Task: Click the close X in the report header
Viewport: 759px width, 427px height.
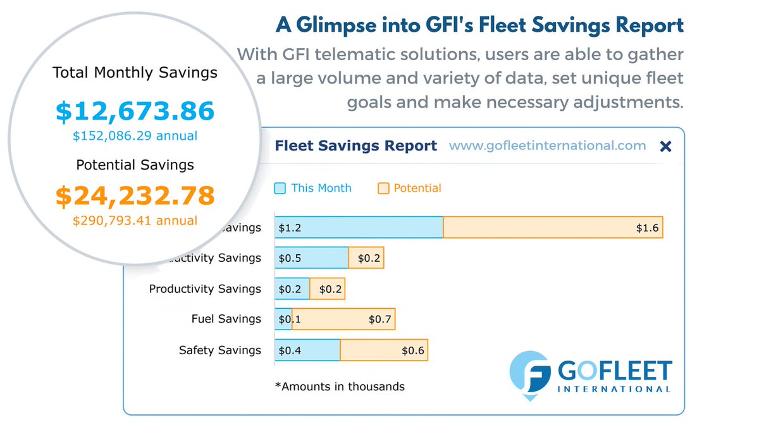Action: click(x=665, y=147)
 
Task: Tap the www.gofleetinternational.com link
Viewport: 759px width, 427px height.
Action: click(x=547, y=146)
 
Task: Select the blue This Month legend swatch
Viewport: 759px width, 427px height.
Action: click(x=280, y=188)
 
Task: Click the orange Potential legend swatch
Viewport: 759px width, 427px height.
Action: click(x=383, y=188)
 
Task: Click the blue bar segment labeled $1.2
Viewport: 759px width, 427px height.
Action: click(x=359, y=228)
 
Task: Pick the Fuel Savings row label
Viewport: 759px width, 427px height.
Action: click(x=226, y=319)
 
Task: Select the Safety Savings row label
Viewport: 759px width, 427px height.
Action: click(x=219, y=350)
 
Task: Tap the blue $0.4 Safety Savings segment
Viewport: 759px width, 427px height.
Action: click(x=308, y=350)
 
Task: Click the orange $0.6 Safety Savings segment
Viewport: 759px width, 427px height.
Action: click(x=383, y=350)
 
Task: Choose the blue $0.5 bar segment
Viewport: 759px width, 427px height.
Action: click(x=311, y=258)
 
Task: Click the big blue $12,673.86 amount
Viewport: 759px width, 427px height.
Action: click(x=135, y=111)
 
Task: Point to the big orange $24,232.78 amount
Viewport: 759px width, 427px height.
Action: click(x=135, y=195)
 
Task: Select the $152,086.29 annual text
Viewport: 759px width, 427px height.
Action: click(x=135, y=136)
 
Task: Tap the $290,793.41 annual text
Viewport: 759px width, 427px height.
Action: click(x=135, y=221)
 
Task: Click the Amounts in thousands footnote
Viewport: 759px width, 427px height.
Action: click(x=340, y=386)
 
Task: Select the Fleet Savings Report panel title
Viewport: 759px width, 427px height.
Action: click(x=355, y=146)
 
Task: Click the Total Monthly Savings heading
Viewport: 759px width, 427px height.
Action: click(x=135, y=73)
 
